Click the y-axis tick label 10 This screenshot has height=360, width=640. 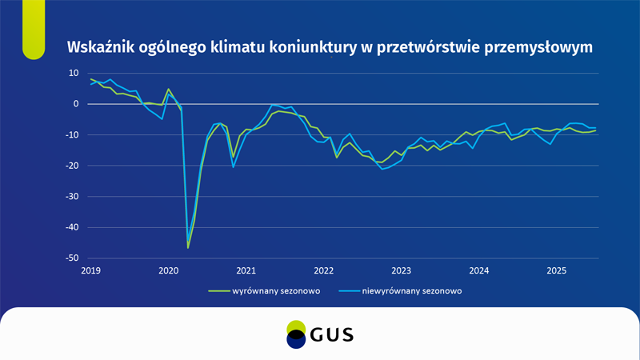pos(73,73)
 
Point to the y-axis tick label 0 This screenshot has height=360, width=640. pos(75,104)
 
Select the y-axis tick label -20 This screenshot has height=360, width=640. pos(72,166)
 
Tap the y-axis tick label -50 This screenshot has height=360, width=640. pos(72,258)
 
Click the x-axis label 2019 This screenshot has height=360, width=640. pos(90,270)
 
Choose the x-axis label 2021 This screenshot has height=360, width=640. pos(246,270)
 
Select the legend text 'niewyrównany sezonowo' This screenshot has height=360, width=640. pos(411,291)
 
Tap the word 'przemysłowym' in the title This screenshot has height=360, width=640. pos(541,46)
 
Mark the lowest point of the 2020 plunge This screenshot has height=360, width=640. pos(188,247)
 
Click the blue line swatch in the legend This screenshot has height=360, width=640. pos(349,291)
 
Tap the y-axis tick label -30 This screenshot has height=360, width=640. pos(72,197)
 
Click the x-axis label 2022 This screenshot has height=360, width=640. pos(323,270)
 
